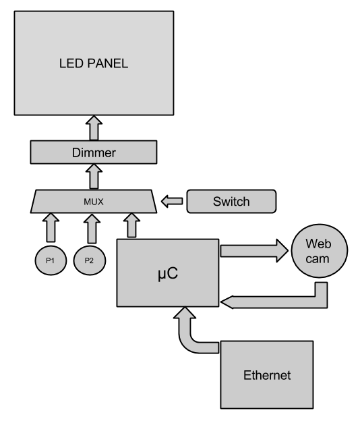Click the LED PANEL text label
tap(94, 63)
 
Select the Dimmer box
tap(94, 152)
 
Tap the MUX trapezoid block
tap(94, 202)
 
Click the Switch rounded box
tap(232, 202)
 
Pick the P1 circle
tap(51, 260)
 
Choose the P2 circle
tap(90, 260)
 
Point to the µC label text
tap(168, 273)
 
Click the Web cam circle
tap(320, 251)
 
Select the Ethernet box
tap(267, 375)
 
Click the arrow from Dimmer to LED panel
tap(94, 128)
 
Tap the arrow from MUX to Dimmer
tap(94, 176)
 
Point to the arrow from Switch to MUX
tap(172, 202)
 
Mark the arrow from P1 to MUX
tap(51, 228)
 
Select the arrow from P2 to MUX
tap(92, 229)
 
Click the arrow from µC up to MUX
tap(131, 225)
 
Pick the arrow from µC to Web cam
tap(254, 251)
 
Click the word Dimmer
tap(94, 152)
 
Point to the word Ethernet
tap(267, 375)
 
